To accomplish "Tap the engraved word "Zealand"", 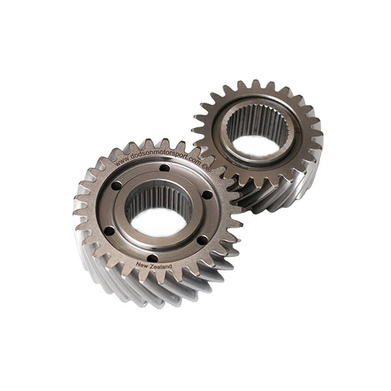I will click(x=160, y=267).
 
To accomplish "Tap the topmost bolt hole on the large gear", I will click(x=165, y=168).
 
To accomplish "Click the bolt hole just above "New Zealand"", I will click(x=152, y=257).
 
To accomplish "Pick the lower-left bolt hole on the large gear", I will click(x=109, y=230).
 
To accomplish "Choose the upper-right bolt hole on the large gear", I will click(x=207, y=194).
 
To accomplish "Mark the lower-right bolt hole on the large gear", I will click(x=201, y=240).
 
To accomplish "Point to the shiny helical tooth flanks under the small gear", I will click(x=274, y=192).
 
